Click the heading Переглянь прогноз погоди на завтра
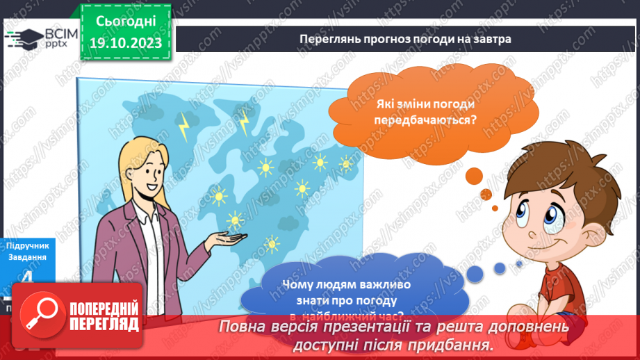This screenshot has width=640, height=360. click(405, 39)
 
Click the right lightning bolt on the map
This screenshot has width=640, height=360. click(245, 122)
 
